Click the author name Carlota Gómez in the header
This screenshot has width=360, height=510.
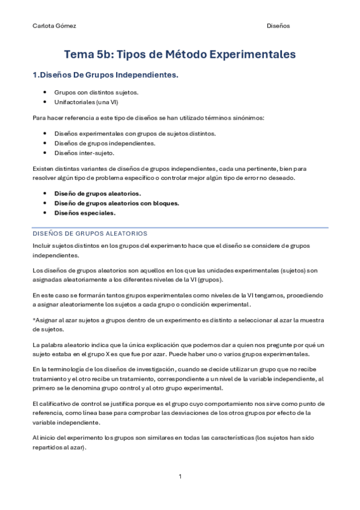(54, 26)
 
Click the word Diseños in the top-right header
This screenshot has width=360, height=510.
(278, 26)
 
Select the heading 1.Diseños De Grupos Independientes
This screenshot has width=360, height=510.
(105, 76)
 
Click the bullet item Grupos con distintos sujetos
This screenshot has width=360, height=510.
(96, 92)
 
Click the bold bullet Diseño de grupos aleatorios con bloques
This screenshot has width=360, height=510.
(117, 203)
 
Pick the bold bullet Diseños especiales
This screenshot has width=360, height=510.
(85, 213)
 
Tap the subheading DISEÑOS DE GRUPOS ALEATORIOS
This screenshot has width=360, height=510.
(90, 233)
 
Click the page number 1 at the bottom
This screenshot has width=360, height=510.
(180, 476)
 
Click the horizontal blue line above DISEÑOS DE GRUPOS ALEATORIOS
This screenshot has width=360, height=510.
(180, 227)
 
